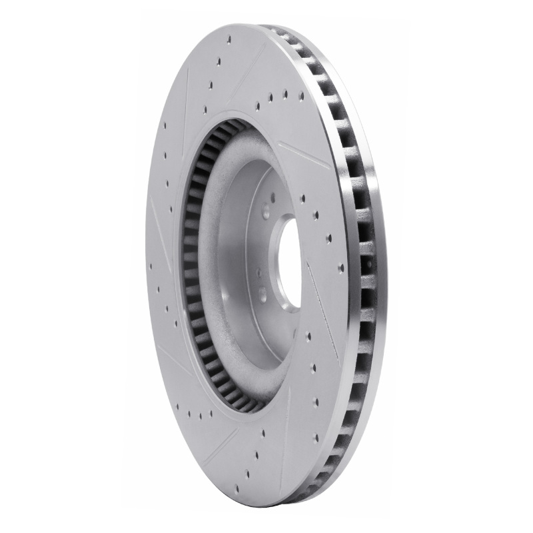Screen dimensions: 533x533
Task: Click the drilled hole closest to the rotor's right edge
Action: click(341, 268)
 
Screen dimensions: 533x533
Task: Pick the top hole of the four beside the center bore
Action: click(302, 197)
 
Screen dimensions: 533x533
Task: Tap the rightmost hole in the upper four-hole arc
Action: click(301, 96)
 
